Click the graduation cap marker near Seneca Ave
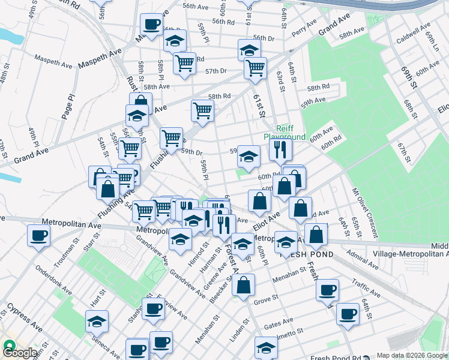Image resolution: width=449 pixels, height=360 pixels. tap(97, 322)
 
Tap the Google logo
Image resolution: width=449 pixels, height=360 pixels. tap(19, 352)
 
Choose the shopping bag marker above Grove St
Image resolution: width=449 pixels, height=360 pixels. tap(243, 285)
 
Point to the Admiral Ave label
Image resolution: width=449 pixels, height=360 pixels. tap(361, 258)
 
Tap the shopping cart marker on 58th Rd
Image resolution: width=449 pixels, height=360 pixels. tap(202, 110)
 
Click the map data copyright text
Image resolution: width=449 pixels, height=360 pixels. tap(411, 355)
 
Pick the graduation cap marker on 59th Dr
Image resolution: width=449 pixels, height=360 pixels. tap(249, 157)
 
